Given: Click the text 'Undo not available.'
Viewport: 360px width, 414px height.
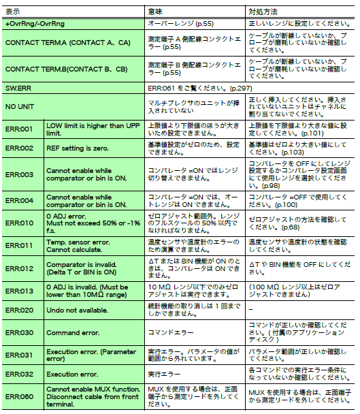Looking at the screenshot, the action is point(76,310).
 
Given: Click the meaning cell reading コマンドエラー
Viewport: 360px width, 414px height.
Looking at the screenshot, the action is point(170,333).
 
